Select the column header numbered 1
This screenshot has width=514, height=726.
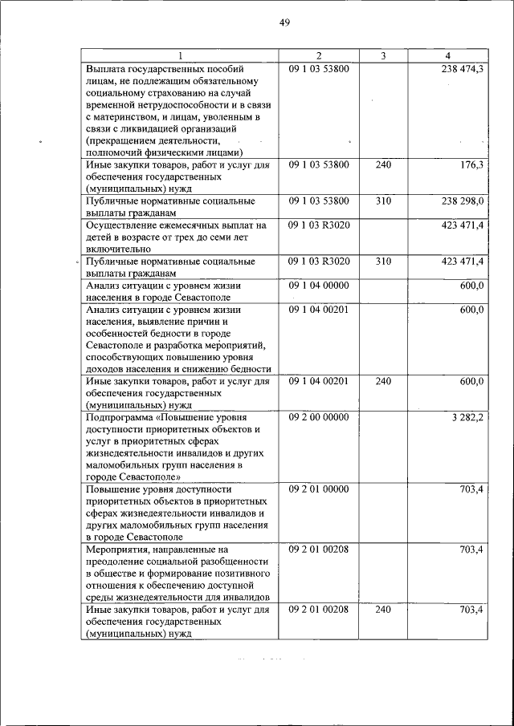pos(181,55)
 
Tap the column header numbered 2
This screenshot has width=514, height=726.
pos(319,55)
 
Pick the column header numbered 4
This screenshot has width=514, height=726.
pos(447,55)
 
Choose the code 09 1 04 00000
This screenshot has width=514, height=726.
pos(319,285)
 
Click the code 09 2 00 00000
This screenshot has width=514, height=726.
pos(319,417)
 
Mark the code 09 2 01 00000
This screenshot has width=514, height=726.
pos(319,489)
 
